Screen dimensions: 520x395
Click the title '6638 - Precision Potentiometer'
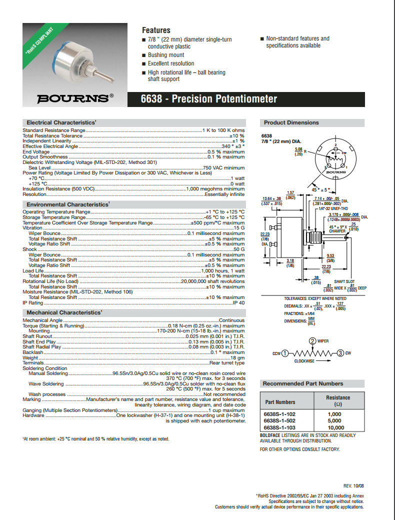209,99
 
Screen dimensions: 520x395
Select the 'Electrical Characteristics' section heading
61,122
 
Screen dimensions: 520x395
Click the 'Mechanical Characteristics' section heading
64,312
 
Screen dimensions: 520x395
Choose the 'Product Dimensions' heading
291,122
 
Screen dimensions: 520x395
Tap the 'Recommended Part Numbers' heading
303,383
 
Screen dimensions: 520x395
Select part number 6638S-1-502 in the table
279,420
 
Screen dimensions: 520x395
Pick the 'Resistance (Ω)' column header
338,401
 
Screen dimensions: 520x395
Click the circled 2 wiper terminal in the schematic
312,341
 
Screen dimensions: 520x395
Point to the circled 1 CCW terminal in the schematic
285,353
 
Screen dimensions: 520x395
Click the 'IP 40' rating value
238,303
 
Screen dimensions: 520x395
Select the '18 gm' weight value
237,357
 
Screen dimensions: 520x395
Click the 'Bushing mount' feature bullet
166,55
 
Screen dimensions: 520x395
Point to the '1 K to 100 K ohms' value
223,130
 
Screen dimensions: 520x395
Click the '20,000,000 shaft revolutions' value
212,281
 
